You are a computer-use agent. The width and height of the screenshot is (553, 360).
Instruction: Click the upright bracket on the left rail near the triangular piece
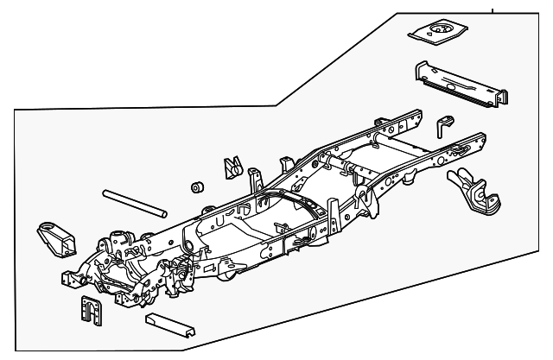click(x=254, y=180)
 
